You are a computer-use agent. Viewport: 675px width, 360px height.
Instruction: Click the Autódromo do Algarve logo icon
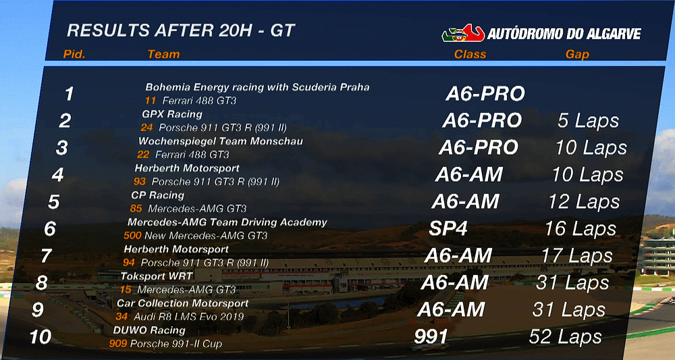click(x=463, y=33)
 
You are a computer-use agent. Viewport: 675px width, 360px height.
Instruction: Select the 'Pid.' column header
click(x=74, y=54)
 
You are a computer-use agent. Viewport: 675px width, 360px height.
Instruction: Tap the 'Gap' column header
click(x=577, y=55)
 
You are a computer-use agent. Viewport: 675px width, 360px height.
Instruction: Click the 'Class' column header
click(x=470, y=54)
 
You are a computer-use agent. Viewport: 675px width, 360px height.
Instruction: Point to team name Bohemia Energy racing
click(x=257, y=87)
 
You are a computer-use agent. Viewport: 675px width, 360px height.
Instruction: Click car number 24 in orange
click(x=146, y=128)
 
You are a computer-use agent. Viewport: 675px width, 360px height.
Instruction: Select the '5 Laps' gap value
click(x=588, y=121)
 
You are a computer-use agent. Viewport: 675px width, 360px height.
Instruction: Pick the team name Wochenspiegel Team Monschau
click(x=221, y=141)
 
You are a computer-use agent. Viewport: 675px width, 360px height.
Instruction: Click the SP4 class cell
click(x=448, y=229)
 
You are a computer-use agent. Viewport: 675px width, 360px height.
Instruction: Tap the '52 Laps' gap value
click(x=565, y=337)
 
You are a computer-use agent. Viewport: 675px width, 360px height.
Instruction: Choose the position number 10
click(x=40, y=337)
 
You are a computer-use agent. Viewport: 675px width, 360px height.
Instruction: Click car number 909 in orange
click(x=118, y=344)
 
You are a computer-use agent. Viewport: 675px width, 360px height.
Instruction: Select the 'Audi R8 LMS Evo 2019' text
click(x=189, y=317)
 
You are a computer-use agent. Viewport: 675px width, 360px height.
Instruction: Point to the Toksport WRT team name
click(x=157, y=276)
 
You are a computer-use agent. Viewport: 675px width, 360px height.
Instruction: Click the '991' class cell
click(x=431, y=337)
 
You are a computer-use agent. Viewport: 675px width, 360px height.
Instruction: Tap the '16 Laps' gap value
click(x=580, y=229)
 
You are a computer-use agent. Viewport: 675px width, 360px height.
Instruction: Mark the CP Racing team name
click(x=157, y=195)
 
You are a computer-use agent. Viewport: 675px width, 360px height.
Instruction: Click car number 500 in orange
click(x=132, y=236)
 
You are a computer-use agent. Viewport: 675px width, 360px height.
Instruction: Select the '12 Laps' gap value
click(x=584, y=202)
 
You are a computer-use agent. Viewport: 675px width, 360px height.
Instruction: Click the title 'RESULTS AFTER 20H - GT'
click(x=181, y=30)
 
